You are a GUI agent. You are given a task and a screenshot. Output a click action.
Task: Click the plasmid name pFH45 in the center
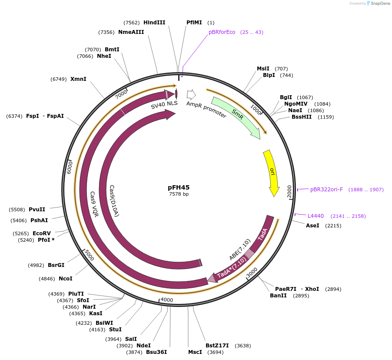pos(179,187)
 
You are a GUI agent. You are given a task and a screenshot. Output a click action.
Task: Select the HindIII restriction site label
pos(154,22)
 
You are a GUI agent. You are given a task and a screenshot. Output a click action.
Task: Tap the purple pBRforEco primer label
pos(222,32)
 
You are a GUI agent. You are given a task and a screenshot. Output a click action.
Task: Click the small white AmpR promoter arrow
pos(191,94)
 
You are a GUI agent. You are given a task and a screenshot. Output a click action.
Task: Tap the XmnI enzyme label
pos(78,79)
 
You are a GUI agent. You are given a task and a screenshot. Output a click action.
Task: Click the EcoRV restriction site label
pos(42,233)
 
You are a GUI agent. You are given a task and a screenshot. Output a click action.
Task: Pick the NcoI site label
pos(65,279)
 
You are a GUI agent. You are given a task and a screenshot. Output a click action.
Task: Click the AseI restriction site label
pos(312,226)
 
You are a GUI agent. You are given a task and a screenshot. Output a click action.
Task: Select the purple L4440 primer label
pos(316,216)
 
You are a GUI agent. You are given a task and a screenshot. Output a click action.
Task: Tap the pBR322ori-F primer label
pos(326,190)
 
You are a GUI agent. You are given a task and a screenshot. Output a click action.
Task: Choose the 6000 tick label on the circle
pos(69,167)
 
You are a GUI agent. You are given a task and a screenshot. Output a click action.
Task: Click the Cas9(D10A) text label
pos(114,200)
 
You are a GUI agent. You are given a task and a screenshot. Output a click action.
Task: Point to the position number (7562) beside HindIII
pos(131,23)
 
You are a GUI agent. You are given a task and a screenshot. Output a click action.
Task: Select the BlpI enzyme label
pos(269,75)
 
